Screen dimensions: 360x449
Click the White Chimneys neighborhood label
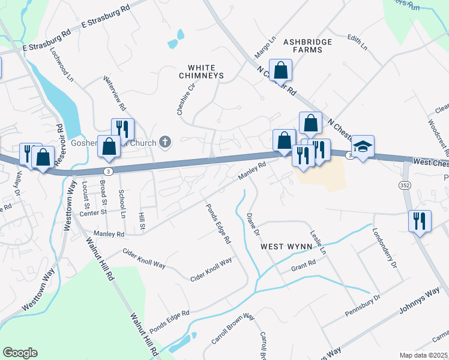point(201,72)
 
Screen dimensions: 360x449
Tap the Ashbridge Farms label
point(303,46)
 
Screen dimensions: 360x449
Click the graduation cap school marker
point(363,147)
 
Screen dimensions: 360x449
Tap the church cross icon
point(164,142)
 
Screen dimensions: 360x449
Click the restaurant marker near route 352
point(419,220)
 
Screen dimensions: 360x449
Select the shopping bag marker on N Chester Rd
point(280,71)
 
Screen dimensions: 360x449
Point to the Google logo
point(20,353)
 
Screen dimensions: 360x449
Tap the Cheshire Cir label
point(187,99)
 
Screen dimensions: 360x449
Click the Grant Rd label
point(303,265)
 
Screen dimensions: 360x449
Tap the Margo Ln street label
point(264,47)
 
